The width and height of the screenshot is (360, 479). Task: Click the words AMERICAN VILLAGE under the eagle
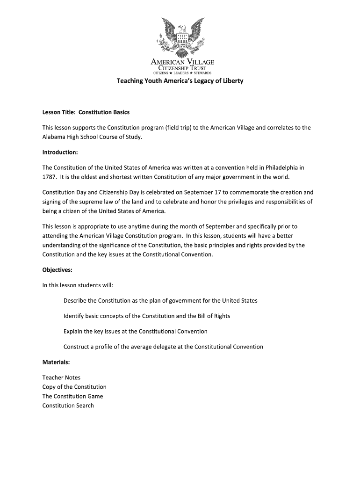pos(182,62)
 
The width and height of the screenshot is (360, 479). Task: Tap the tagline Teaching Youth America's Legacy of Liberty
pos(180,81)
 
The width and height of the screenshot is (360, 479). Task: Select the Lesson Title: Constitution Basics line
pos(86,112)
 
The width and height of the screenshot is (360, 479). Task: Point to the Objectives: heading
pos(57,270)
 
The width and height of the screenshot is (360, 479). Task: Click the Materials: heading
pos(56,362)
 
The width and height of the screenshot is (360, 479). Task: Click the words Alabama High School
pos(72,137)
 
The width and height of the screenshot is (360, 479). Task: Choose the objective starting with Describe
pos(160,300)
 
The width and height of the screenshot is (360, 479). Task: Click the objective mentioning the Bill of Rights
pos(147,316)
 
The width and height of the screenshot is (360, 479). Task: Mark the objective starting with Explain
pos(135,331)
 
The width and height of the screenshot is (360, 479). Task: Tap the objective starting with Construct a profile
pos(163,347)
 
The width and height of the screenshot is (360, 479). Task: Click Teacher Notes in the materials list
pos(61,377)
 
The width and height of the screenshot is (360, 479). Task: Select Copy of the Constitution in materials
pos(74,387)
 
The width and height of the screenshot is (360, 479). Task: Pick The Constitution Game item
pos(72,396)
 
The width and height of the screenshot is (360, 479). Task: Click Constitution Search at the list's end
pos(68,406)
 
